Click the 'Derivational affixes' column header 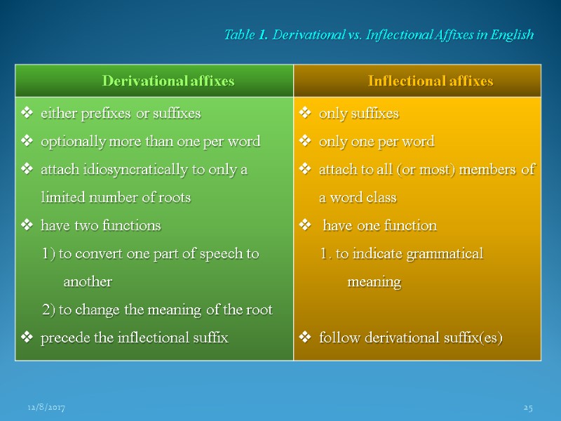(x=168, y=81)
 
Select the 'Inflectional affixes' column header (x=431, y=81)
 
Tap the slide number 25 (x=529, y=408)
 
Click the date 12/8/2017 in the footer (x=46, y=408)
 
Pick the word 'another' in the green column (x=88, y=282)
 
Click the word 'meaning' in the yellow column (x=374, y=282)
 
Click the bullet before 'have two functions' (x=27, y=226)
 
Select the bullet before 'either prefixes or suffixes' (x=27, y=113)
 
